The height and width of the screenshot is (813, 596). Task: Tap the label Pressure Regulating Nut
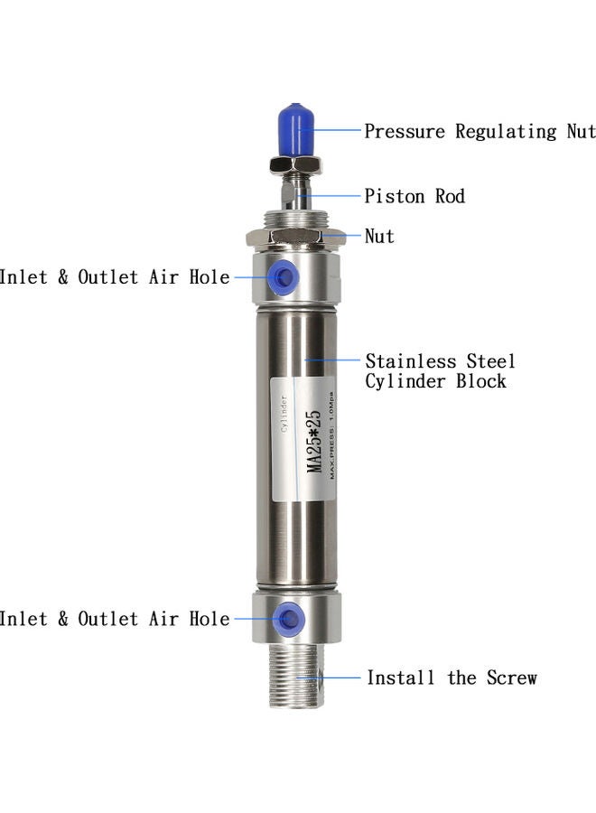click(480, 132)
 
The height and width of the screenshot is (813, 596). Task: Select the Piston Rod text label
click(414, 196)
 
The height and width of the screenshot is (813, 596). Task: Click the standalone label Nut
click(379, 237)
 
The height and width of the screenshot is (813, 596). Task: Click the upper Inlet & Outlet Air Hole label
click(115, 277)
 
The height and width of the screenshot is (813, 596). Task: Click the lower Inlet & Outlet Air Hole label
click(115, 619)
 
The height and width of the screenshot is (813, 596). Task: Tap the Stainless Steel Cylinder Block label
click(440, 371)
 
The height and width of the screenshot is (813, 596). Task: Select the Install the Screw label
click(451, 677)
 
